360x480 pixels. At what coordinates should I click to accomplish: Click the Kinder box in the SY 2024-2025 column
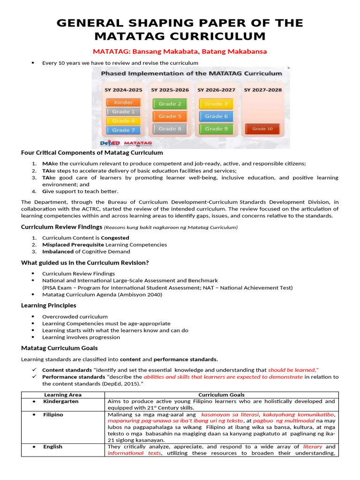click(123, 102)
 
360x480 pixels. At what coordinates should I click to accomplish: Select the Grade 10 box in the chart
click(262, 128)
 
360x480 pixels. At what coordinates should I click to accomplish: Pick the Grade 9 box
click(216, 128)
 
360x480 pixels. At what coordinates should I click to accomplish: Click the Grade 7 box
click(123, 130)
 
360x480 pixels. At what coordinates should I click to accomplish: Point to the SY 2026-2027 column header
click(216, 90)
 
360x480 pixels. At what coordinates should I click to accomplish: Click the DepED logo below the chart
click(110, 143)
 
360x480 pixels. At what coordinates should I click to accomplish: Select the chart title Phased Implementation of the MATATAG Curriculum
click(192, 73)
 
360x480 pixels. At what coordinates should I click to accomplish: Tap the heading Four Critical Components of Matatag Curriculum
click(92, 153)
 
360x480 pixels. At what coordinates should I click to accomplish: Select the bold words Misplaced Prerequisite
click(73, 245)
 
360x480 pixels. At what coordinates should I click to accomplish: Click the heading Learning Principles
click(49, 305)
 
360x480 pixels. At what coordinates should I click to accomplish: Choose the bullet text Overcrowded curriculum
click(75, 317)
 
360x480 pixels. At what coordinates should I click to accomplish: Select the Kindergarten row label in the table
click(61, 402)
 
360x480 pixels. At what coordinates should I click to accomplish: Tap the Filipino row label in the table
click(53, 415)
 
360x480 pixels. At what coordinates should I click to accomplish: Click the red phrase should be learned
click(293, 370)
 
